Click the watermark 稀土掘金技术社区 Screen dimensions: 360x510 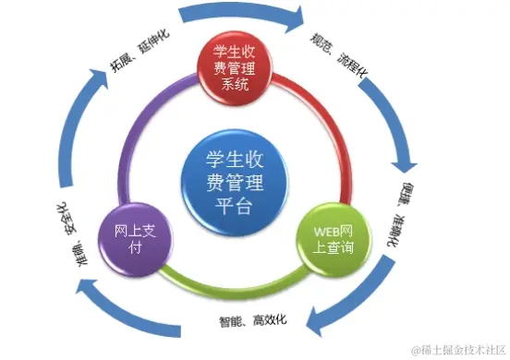coord(460,349)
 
